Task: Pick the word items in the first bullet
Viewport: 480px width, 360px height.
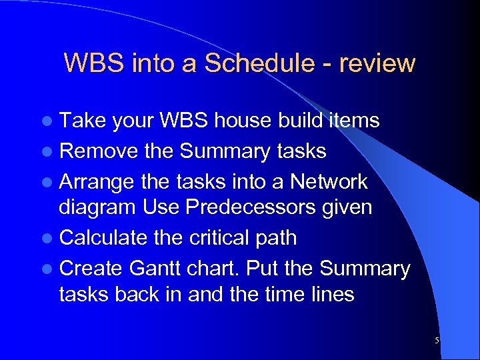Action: [353, 121]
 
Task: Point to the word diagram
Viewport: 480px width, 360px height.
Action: [98, 207]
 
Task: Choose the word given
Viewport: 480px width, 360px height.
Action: [346, 207]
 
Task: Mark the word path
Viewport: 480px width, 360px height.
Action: [276, 238]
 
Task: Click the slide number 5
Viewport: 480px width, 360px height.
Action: [437, 341]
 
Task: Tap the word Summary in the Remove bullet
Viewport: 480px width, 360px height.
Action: [223, 151]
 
